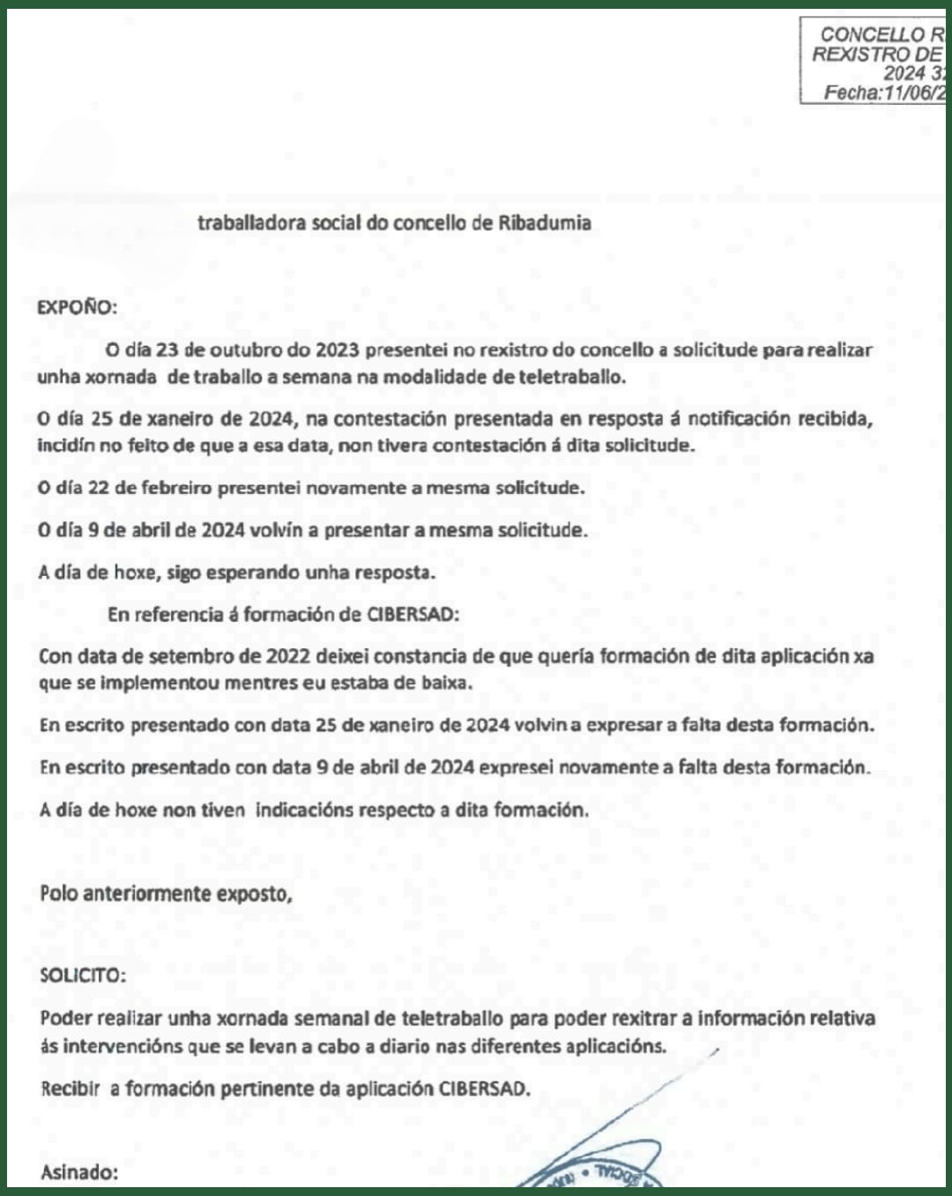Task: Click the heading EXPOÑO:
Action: click(77, 307)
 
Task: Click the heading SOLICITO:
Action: click(83, 975)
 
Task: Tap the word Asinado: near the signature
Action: click(79, 1172)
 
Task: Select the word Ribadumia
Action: click(545, 222)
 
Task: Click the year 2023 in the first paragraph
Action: click(337, 349)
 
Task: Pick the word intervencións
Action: click(119, 1046)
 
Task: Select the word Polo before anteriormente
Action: click(58, 893)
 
